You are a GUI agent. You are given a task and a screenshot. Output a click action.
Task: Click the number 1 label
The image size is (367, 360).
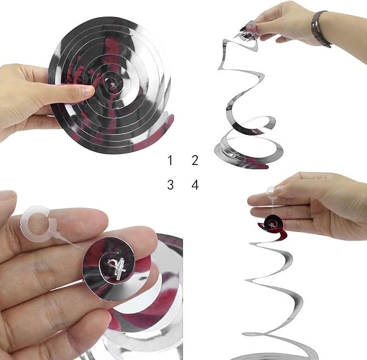coord(170,161)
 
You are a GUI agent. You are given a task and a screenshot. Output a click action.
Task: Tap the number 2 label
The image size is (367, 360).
coord(195,161)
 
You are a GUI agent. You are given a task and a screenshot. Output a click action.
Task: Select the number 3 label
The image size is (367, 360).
coord(170,185)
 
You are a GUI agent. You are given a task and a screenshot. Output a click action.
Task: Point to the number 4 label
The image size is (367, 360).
coord(195,185)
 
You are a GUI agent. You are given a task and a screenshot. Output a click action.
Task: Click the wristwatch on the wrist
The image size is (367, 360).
coord(320,29)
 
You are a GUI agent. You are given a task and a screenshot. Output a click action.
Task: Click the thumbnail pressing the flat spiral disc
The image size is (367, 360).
coord(88,91)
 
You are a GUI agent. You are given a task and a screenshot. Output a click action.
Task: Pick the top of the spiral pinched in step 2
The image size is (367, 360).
coord(248,33)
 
